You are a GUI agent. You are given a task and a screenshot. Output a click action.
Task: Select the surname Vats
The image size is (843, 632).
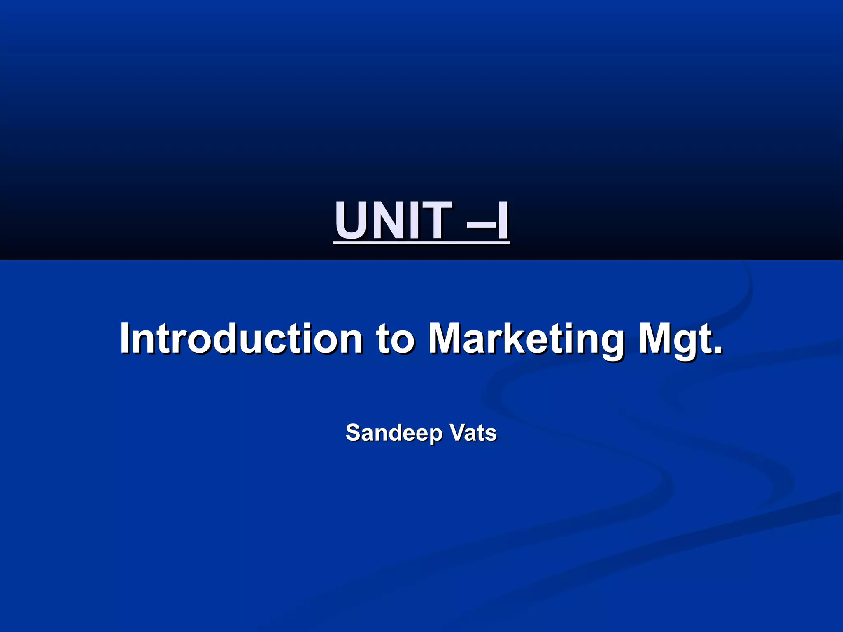point(473,433)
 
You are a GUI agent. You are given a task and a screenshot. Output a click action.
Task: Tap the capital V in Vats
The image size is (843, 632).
point(457,432)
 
